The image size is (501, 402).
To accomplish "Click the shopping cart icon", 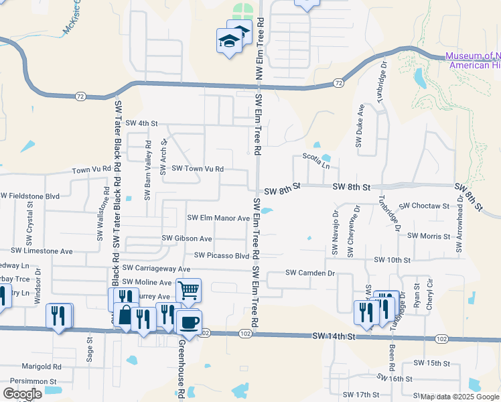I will [x=189, y=291].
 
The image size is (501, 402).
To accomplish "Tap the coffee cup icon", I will [x=189, y=322].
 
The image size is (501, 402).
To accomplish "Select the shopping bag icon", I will [x=126, y=315].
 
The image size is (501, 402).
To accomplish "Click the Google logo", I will [x=23, y=393].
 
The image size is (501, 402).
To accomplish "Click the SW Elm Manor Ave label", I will [x=218, y=218].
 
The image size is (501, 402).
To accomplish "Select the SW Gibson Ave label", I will [x=187, y=239].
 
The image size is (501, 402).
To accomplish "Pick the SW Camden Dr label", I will [x=309, y=273].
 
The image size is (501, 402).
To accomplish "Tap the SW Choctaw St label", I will [x=424, y=206].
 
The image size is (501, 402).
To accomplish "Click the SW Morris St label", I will [x=431, y=236].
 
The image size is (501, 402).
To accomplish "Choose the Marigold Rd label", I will [x=42, y=367].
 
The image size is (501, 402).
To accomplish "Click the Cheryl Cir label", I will [x=430, y=294].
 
